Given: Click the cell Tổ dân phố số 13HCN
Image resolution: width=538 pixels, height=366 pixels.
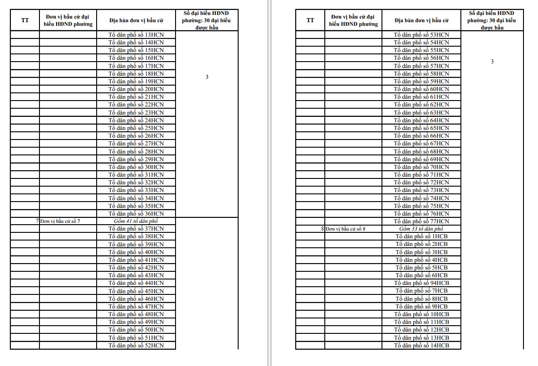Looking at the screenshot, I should coord(136,35).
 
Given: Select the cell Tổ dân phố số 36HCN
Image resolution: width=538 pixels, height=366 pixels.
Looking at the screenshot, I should coord(136,213).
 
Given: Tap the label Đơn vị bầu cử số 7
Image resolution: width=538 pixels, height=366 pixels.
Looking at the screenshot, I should coord(62,221).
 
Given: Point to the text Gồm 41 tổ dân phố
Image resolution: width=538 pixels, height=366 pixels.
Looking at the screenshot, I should coord(136,221).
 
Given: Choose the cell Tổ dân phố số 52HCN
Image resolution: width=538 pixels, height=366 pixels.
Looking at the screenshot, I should coord(136,345).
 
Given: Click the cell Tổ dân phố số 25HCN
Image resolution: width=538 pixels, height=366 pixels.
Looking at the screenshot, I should coord(136,128).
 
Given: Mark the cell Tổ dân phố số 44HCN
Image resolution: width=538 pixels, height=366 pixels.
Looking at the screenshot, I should coord(136,283).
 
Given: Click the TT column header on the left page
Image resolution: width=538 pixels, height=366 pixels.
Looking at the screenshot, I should coord(25,20).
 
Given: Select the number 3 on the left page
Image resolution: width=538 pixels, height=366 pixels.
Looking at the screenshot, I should coord(207,77).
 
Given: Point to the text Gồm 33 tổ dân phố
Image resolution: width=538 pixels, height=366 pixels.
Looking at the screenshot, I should coord(421,229).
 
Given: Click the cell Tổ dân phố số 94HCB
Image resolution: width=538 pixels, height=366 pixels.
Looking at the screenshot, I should coord(421,283).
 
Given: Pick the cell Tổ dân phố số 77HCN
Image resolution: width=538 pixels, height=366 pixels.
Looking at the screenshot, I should coord(421,221).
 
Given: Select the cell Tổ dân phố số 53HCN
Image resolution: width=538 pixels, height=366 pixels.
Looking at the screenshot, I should coord(421,35).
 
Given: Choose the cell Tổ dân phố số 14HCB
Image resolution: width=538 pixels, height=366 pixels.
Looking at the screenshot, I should coord(421,345).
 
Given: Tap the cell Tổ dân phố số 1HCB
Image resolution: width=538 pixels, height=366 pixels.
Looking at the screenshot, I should coord(421,236).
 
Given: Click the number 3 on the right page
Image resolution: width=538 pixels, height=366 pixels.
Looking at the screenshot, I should coord(492,62).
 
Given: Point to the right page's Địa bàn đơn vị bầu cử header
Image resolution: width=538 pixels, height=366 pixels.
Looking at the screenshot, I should coord(421,20).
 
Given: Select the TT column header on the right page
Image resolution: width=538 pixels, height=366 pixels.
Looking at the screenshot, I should coord(310,20).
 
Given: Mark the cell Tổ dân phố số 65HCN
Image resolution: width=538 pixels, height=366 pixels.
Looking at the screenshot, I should coord(421,128).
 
